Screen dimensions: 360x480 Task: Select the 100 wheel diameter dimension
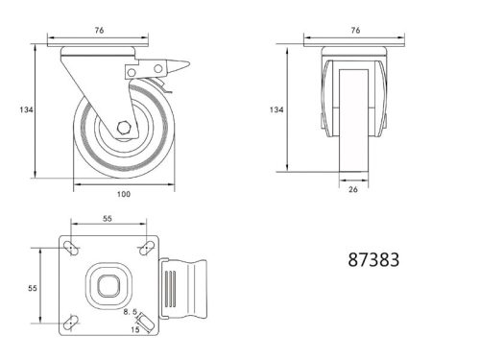tap(123, 194)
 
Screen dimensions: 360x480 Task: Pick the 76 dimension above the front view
tap(355, 30)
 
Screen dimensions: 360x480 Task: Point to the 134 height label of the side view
tap(26, 110)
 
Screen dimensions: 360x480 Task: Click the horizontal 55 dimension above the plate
tap(107, 220)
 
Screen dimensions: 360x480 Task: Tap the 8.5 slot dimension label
tap(131, 312)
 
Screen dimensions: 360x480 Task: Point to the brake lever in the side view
tap(171, 69)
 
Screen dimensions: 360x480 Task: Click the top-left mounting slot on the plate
tap(70, 249)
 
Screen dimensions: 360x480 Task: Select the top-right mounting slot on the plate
tap(145, 249)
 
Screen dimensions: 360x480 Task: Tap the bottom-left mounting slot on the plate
tap(70, 324)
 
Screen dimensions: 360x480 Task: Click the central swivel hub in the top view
tap(108, 286)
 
